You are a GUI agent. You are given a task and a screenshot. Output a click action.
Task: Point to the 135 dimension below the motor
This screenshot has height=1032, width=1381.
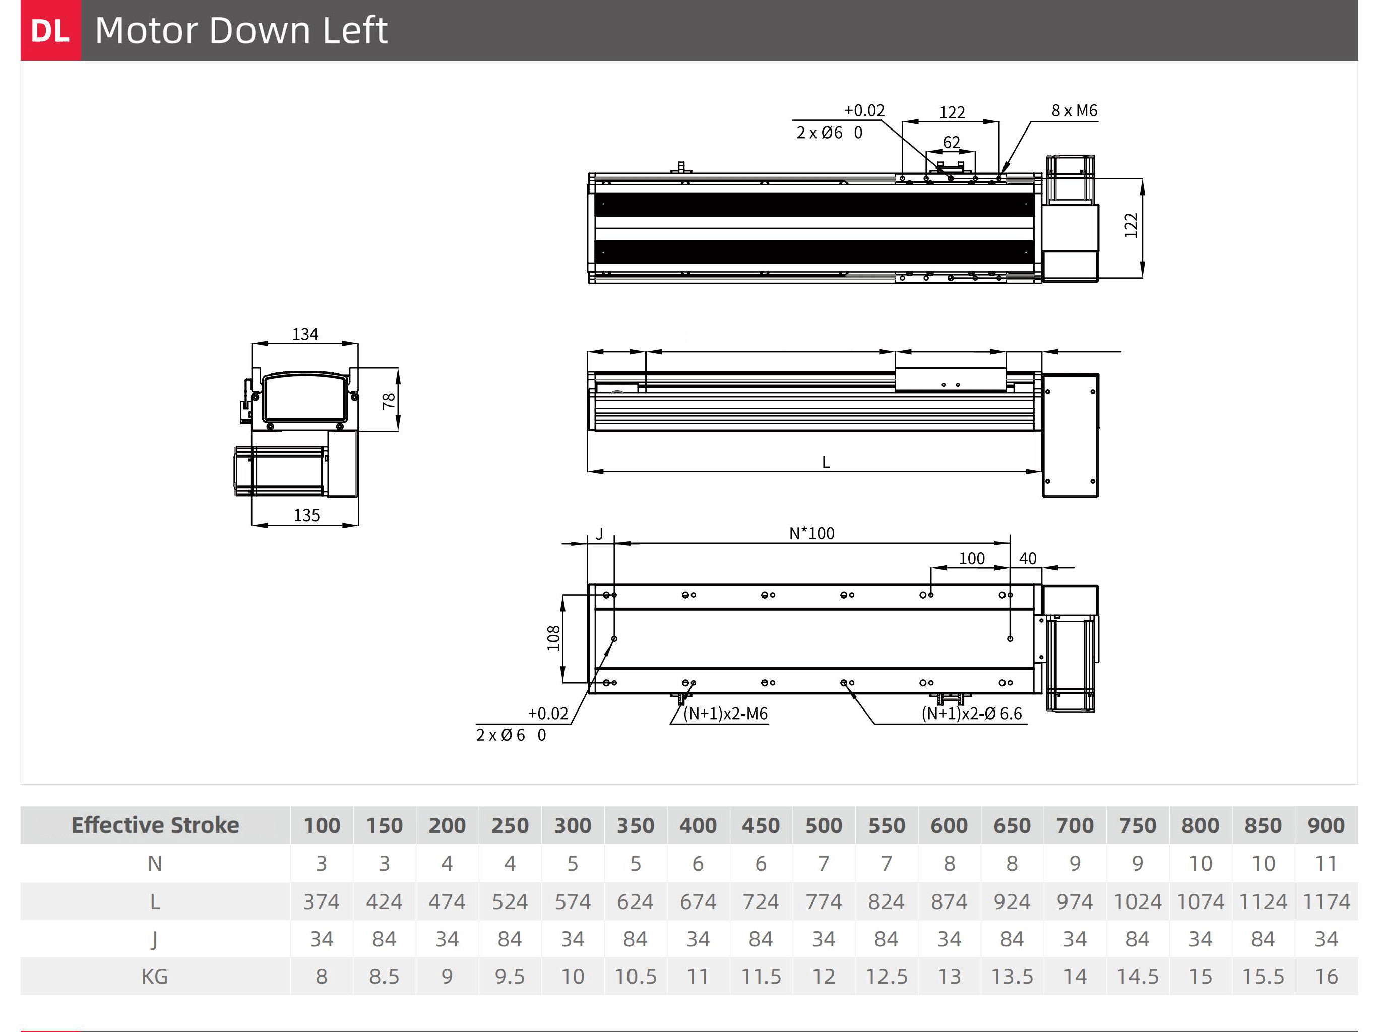306,515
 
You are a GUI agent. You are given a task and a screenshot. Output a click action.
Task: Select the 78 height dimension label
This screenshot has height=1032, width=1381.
388,400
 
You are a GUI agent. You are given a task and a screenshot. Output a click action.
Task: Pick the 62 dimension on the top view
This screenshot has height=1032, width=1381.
951,142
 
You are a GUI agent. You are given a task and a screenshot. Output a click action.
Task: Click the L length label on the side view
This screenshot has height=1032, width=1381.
826,462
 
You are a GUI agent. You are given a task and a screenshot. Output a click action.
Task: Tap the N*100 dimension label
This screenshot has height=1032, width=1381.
811,533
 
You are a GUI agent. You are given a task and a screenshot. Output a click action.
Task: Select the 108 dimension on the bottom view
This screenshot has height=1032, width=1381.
553,638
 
